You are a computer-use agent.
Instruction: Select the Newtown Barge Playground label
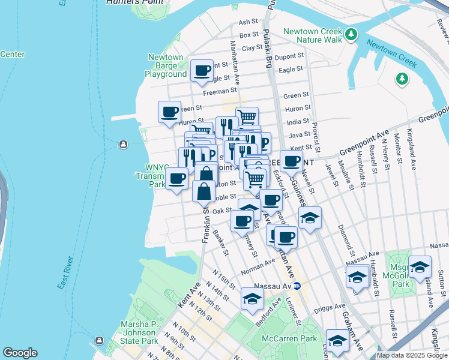[x=166, y=66]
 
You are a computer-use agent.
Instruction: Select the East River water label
[x=66, y=273]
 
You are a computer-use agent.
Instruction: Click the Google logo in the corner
[x=20, y=353]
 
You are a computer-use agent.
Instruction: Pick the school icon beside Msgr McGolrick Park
[x=420, y=266]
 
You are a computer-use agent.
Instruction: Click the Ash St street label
[x=247, y=22]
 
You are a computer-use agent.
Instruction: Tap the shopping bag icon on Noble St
[x=204, y=191]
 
